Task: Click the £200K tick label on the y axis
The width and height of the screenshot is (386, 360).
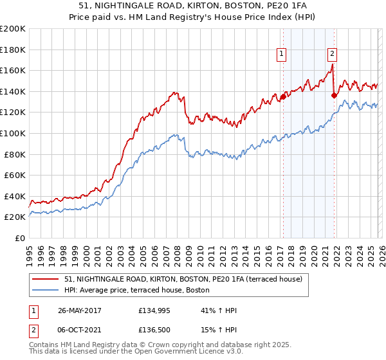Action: pos(13,29)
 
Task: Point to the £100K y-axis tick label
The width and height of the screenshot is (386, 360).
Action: pos(13,133)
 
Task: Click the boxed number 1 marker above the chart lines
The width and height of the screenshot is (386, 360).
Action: pos(282,54)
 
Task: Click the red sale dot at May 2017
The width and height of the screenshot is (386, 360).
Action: pos(283,97)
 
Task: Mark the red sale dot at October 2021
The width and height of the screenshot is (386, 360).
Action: pos(333,96)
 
